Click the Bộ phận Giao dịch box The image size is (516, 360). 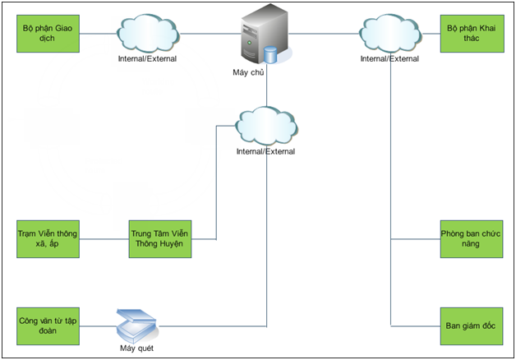48,33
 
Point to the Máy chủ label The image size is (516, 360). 248,73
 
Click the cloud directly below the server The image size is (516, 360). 265,127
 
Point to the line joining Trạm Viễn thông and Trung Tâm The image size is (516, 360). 104,239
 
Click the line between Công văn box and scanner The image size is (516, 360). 94,325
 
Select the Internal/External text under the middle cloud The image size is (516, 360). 265,151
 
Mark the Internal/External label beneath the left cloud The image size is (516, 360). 146,58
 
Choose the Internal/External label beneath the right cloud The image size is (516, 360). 389,58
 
